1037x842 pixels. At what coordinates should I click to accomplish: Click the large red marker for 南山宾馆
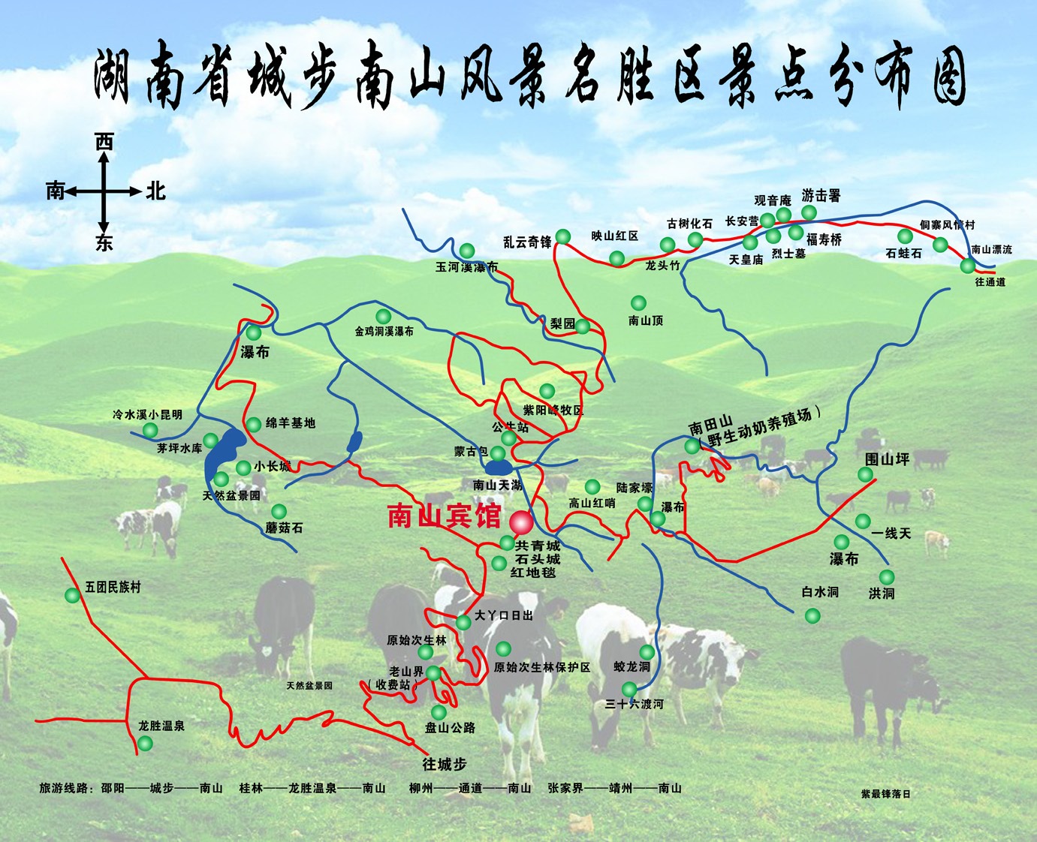pyautogui.click(x=520, y=522)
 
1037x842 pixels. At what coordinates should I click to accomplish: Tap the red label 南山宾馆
pyautogui.click(x=444, y=516)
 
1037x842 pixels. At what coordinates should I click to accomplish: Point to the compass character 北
pyautogui.click(x=155, y=191)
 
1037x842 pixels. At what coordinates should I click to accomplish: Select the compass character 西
pyautogui.click(x=104, y=142)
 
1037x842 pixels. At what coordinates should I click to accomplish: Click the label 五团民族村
pyautogui.click(x=113, y=587)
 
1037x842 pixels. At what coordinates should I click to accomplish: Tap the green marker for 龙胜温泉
pyautogui.click(x=145, y=743)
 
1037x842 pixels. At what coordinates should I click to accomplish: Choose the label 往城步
pyautogui.click(x=445, y=764)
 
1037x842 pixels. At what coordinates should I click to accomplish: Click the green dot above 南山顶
pyautogui.click(x=638, y=302)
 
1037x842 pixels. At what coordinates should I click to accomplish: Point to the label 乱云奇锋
pyautogui.click(x=527, y=242)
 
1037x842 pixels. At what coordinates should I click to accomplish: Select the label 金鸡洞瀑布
pyautogui.click(x=384, y=331)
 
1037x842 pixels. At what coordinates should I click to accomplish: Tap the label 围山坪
pyautogui.click(x=887, y=459)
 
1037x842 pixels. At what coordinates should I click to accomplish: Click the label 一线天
pyautogui.click(x=891, y=533)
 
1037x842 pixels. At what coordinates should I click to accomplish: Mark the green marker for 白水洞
pyautogui.click(x=812, y=615)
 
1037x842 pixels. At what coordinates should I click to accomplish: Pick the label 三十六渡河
pyautogui.click(x=635, y=704)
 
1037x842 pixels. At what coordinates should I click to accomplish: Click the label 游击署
pyautogui.click(x=821, y=196)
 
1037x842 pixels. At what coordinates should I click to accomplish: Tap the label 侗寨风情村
pyautogui.click(x=947, y=225)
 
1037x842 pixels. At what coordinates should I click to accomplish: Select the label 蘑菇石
pyautogui.click(x=284, y=528)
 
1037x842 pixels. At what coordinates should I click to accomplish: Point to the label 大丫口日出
pyautogui.click(x=503, y=615)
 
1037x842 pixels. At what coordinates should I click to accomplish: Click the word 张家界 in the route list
pyautogui.click(x=565, y=788)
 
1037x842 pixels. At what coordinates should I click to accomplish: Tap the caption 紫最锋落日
pyautogui.click(x=885, y=793)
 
